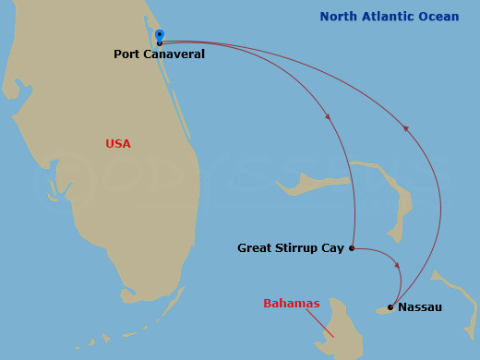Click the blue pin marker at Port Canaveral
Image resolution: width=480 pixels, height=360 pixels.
[160, 36]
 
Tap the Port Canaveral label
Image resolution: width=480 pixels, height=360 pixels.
[159, 54]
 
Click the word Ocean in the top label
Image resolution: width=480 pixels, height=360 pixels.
[438, 17]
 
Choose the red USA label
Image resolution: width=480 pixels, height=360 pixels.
[118, 144]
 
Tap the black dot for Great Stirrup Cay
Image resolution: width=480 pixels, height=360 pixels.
[352, 247]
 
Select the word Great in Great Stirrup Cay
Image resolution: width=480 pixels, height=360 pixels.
[255, 248]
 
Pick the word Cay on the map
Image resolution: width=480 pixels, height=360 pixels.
[332, 248]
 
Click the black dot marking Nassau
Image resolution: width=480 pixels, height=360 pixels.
[390, 306]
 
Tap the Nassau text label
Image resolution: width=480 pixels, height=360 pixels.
[420, 306]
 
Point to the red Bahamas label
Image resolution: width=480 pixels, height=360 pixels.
[292, 304]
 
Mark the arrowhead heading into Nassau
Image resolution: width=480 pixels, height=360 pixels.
[399, 267]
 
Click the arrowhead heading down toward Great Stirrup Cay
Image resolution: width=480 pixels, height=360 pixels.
[329, 116]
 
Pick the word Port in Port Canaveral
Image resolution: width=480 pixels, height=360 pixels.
[126, 54]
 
